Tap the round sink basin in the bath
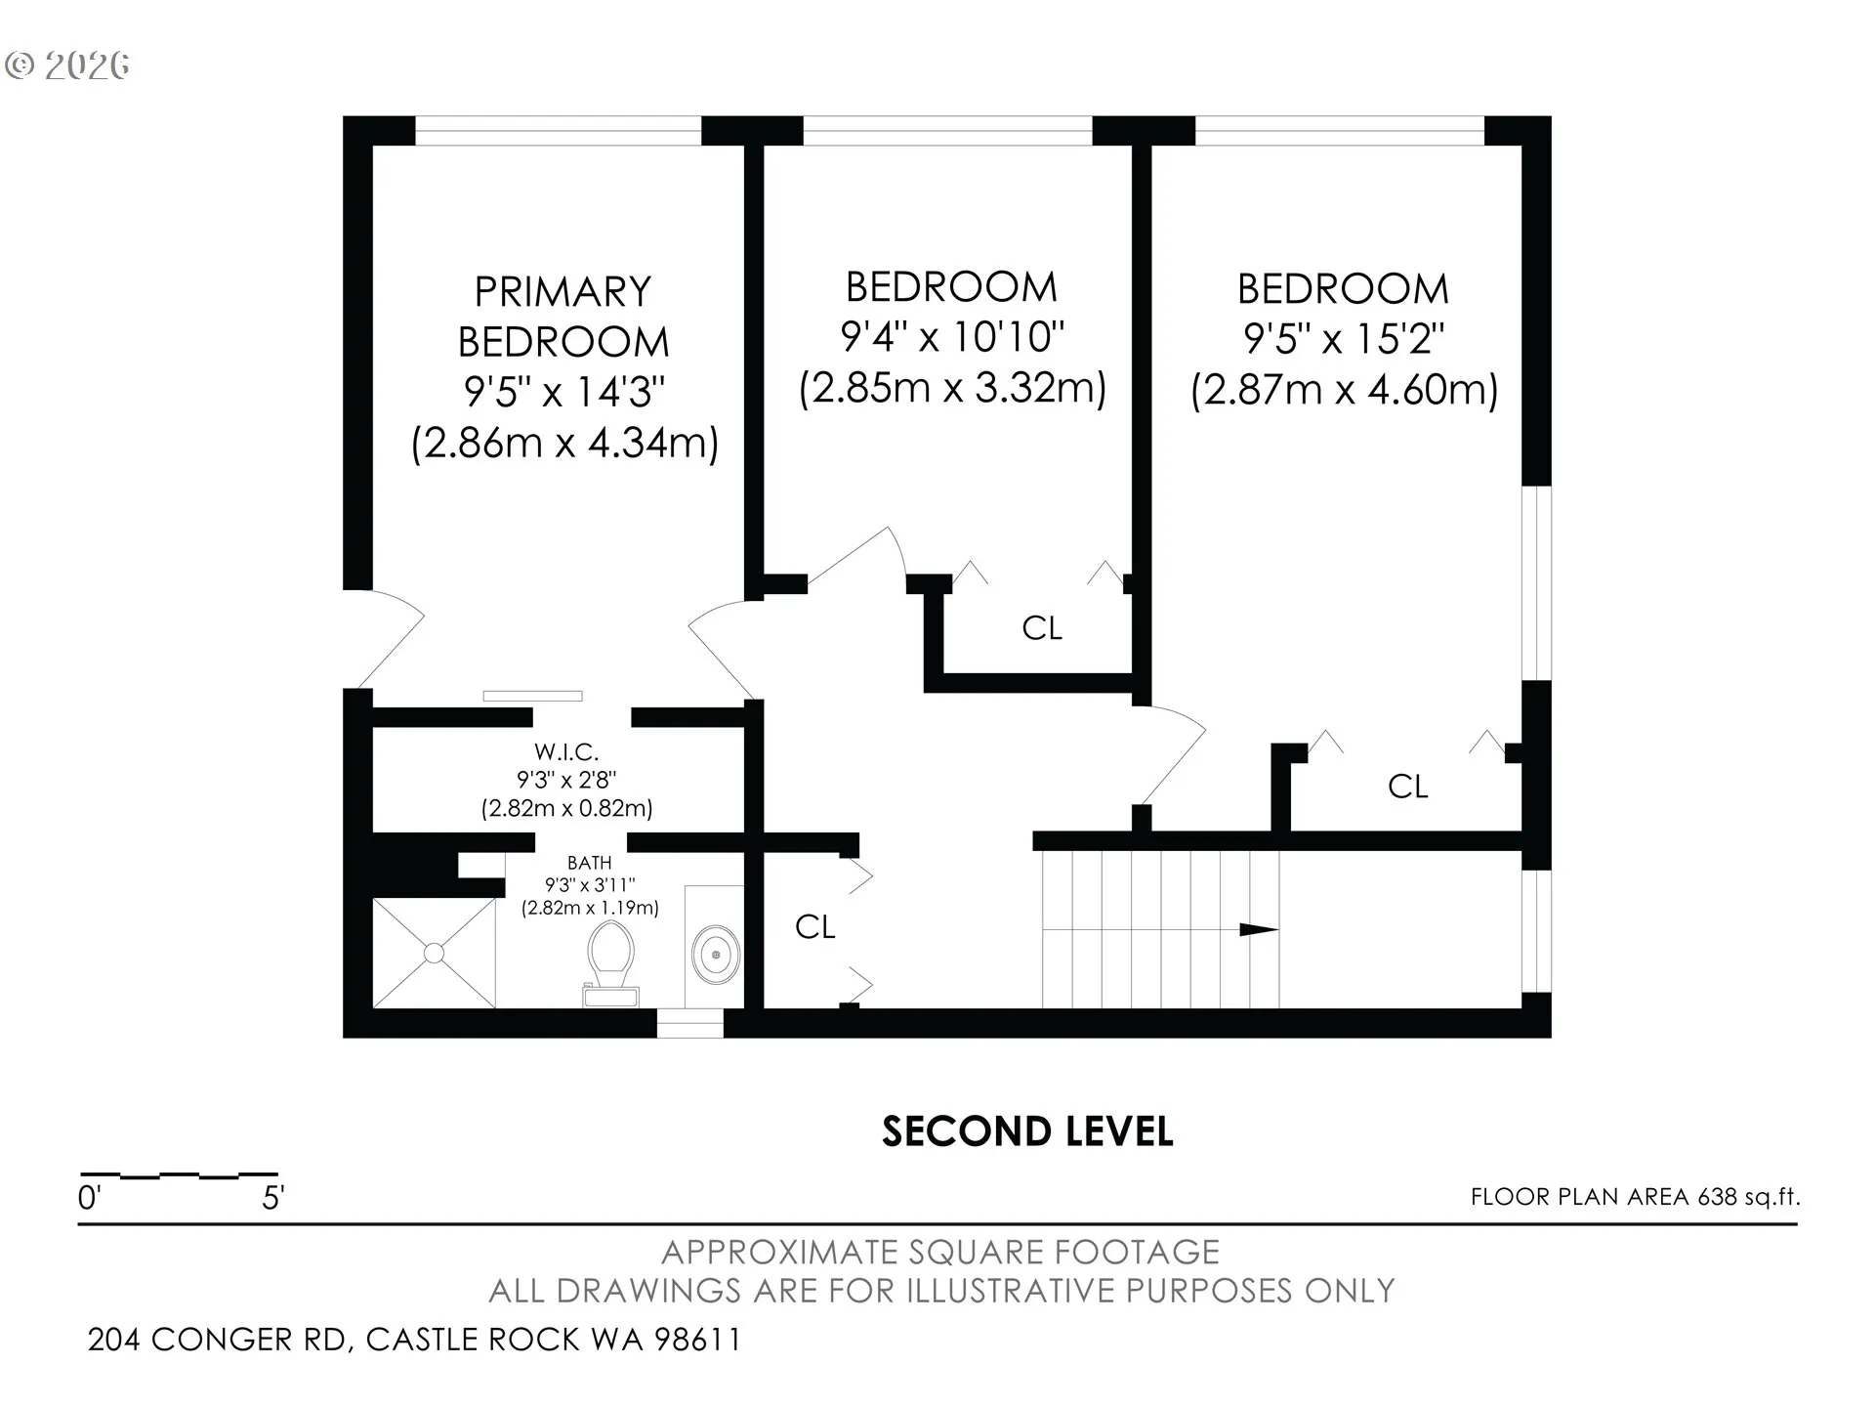717,953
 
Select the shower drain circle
435,953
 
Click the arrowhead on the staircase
1259,929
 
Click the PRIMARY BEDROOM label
563,317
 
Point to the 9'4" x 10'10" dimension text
952,337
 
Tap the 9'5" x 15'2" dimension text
1344,339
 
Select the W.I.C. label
566,752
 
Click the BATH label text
590,863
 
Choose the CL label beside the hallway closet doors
815,926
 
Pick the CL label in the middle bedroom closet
1042,628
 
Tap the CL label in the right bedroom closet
1408,787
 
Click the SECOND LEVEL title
1027,1131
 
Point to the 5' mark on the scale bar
272,1198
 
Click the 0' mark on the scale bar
89,1198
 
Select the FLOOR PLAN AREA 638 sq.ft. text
1635,1197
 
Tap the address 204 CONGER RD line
415,1340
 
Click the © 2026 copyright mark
67,65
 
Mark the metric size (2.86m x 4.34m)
564,443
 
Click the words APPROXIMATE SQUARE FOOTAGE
941,1252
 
